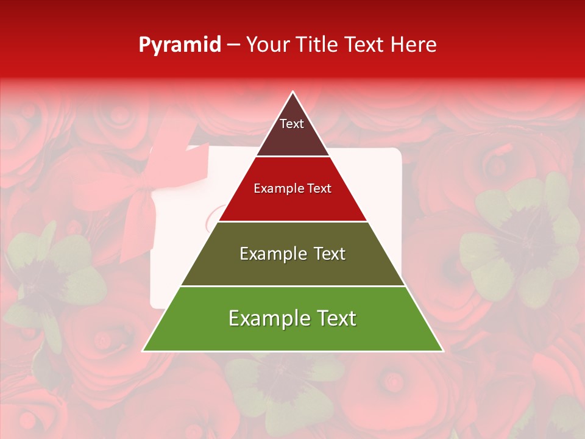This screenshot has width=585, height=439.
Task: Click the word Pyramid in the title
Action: (179, 45)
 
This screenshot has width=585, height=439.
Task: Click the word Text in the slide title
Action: (364, 45)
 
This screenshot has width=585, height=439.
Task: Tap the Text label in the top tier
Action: (292, 124)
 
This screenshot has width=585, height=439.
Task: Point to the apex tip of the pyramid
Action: (292, 92)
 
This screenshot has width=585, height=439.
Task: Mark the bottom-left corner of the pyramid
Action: (143, 351)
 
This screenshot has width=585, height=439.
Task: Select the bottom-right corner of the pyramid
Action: (443, 351)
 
